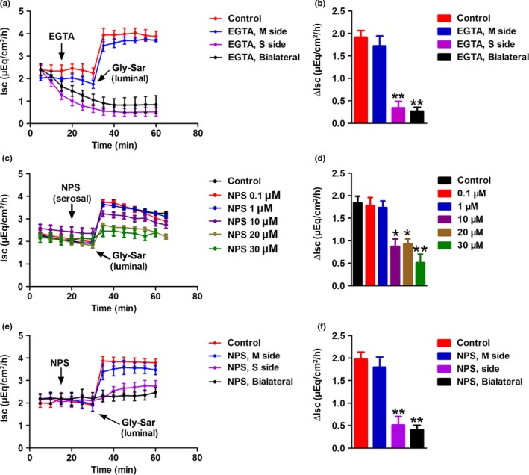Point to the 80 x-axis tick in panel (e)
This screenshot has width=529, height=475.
[x=196, y=449]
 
